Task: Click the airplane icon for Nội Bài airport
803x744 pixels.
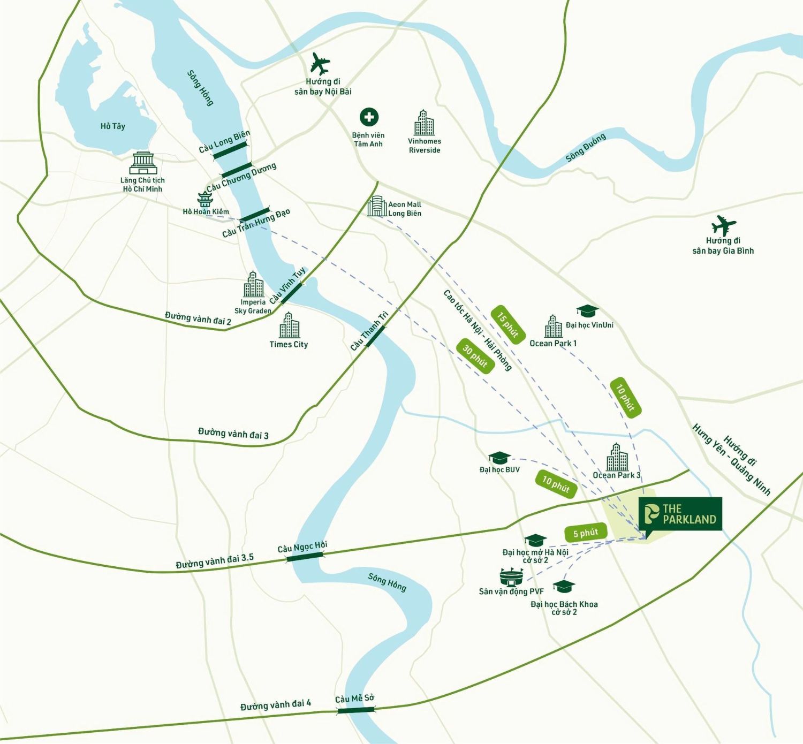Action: coord(320,64)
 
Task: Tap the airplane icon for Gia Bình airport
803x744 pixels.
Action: coord(723,225)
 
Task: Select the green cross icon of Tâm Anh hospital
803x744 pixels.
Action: coord(368,117)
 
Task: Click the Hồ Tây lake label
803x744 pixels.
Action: coord(112,126)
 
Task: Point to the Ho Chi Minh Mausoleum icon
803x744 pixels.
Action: coord(143,163)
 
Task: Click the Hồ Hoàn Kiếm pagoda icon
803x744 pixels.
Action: coord(204,199)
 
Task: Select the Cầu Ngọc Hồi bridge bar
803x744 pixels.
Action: coord(305,556)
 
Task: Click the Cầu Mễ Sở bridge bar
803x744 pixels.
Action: coord(355,710)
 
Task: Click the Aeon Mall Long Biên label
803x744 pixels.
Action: coord(404,209)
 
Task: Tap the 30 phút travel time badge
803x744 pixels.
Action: coord(475,356)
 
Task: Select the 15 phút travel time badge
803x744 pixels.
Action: coord(507,325)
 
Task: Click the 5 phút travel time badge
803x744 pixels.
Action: coord(586,533)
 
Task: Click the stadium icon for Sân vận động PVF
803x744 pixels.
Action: coord(512,577)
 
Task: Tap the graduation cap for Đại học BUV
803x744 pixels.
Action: coord(499,458)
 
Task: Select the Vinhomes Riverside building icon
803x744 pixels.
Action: coord(424,123)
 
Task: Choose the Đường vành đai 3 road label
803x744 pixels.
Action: coord(233,434)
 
